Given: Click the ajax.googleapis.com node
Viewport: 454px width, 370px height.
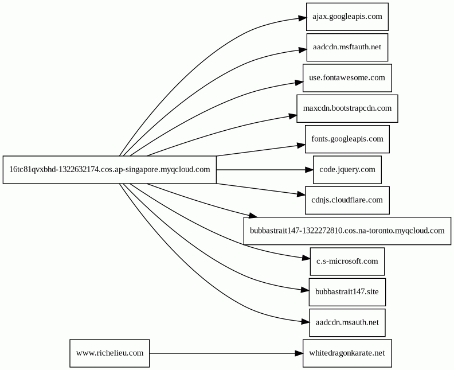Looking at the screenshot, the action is (347, 17).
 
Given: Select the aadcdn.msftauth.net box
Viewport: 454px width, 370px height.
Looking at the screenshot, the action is (347, 47).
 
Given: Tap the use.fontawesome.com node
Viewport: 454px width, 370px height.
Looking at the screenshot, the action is (347, 78).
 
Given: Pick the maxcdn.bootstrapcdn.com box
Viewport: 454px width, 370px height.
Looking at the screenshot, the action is (347, 108).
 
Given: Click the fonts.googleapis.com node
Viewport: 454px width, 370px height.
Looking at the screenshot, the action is (347, 139).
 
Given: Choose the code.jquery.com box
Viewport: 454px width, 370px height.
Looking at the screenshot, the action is (347, 170).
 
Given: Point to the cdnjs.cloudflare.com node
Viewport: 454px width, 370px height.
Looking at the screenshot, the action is (347, 200).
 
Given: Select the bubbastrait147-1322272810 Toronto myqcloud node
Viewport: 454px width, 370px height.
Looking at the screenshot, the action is (347, 231).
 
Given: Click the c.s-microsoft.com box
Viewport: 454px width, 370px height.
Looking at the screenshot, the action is (347, 262).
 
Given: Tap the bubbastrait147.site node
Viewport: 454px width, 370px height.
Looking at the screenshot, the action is (347, 292).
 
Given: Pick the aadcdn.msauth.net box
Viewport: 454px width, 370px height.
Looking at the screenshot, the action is (347, 322).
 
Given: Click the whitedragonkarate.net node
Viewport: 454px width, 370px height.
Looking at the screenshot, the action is (347, 353).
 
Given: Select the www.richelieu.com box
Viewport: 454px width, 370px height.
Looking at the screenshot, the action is (109, 353).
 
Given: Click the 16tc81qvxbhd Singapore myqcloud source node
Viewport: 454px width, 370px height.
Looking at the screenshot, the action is (109, 170).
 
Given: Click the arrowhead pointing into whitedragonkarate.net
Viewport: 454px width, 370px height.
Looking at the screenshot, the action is (299, 353).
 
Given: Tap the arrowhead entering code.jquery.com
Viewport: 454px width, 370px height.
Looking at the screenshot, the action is (309, 170).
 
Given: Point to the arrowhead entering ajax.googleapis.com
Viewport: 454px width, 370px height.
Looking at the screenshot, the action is (303, 18).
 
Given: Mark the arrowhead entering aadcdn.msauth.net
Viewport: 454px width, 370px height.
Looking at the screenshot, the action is (305, 321).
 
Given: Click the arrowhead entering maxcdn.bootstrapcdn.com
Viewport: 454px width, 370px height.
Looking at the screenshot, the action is (293, 116).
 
